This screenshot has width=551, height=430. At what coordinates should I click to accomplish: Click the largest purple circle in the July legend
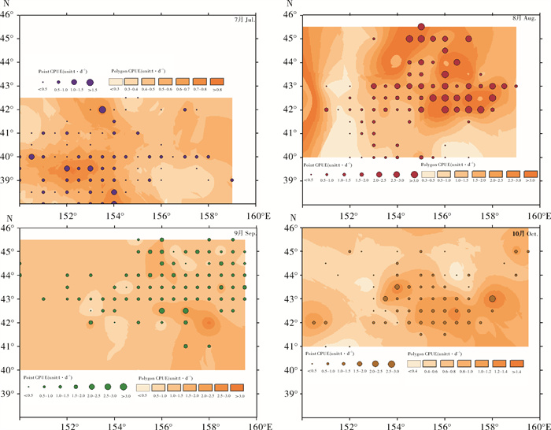click(x=91, y=81)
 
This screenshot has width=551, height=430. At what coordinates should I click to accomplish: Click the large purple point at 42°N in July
click(x=102, y=110)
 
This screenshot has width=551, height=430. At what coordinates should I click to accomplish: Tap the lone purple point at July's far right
click(x=231, y=180)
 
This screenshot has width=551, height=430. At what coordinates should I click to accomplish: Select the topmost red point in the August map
click(x=421, y=27)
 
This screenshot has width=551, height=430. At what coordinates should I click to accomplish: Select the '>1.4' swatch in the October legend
click(x=516, y=363)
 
